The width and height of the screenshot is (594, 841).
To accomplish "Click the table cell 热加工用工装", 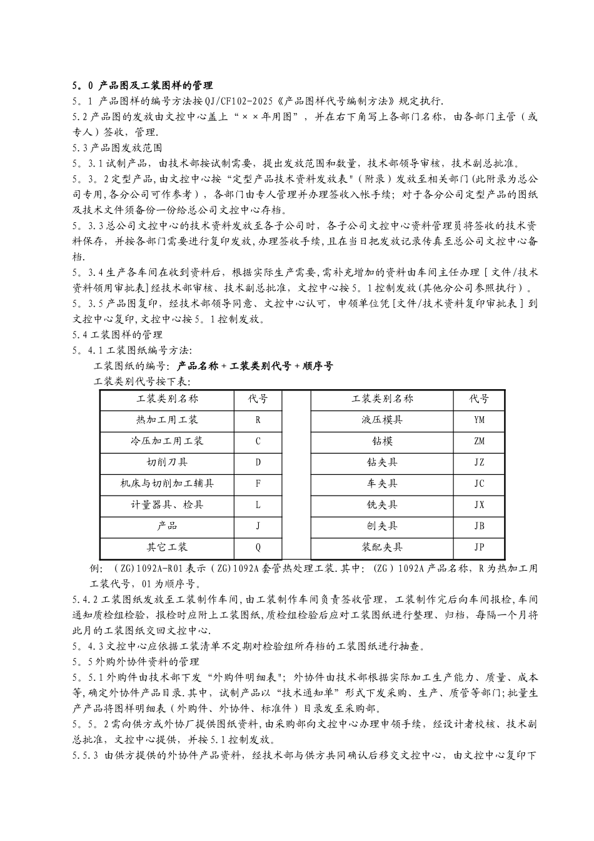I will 166,420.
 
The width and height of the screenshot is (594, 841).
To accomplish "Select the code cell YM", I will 479,420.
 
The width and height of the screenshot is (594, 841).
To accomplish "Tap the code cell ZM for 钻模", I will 479,441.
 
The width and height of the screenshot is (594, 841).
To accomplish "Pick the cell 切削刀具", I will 166,462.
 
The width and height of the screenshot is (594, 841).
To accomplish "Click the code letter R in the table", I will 258,420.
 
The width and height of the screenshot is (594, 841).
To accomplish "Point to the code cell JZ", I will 479,462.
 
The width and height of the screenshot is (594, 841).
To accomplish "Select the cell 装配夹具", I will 381,548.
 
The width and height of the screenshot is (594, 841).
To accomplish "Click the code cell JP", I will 479,548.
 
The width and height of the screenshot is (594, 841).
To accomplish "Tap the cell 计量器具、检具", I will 166,505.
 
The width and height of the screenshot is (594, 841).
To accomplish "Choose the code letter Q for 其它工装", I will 258,548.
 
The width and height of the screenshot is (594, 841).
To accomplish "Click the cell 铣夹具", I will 381,505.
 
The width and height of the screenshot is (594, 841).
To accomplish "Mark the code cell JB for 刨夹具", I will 479,526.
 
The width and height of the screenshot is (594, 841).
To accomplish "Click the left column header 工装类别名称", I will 166,399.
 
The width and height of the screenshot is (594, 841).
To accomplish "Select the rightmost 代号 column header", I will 479,399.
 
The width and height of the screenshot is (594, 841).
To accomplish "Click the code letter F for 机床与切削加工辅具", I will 258,484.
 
